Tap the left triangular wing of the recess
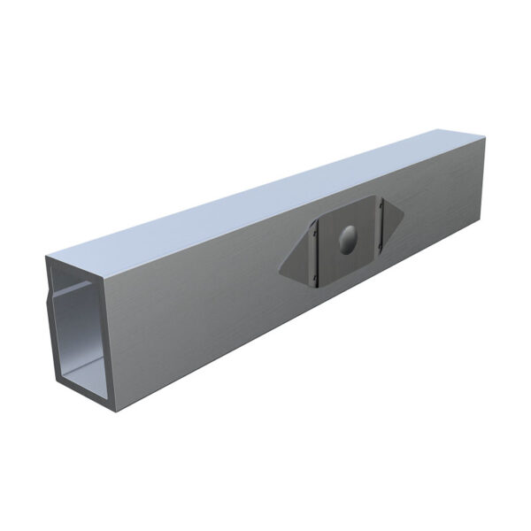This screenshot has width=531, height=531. point(294,258)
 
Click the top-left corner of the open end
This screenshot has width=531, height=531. point(46,257)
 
